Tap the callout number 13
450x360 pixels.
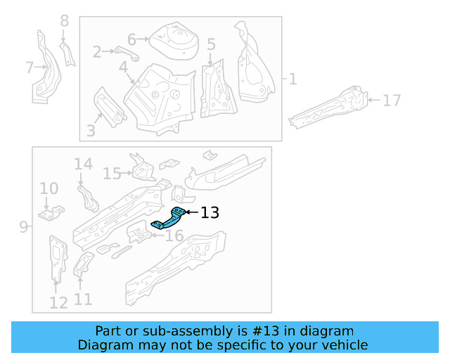(x=210, y=212)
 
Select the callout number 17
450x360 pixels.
(x=392, y=101)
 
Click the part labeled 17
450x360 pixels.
(x=330, y=106)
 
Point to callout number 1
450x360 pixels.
(x=292, y=79)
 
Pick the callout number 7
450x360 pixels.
(x=30, y=67)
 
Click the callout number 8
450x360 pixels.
(x=65, y=21)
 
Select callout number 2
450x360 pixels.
(x=97, y=51)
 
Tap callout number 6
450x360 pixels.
(x=131, y=39)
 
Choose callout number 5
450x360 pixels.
(x=211, y=44)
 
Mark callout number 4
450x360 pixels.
(x=123, y=67)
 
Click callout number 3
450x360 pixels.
(x=91, y=130)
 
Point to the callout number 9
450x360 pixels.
(x=23, y=226)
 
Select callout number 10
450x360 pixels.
(x=49, y=188)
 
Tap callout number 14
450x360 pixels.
(x=83, y=165)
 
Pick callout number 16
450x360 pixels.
(x=174, y=236)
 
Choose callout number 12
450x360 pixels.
(x=58, y=302)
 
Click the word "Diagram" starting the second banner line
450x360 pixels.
(x=104, y=345)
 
